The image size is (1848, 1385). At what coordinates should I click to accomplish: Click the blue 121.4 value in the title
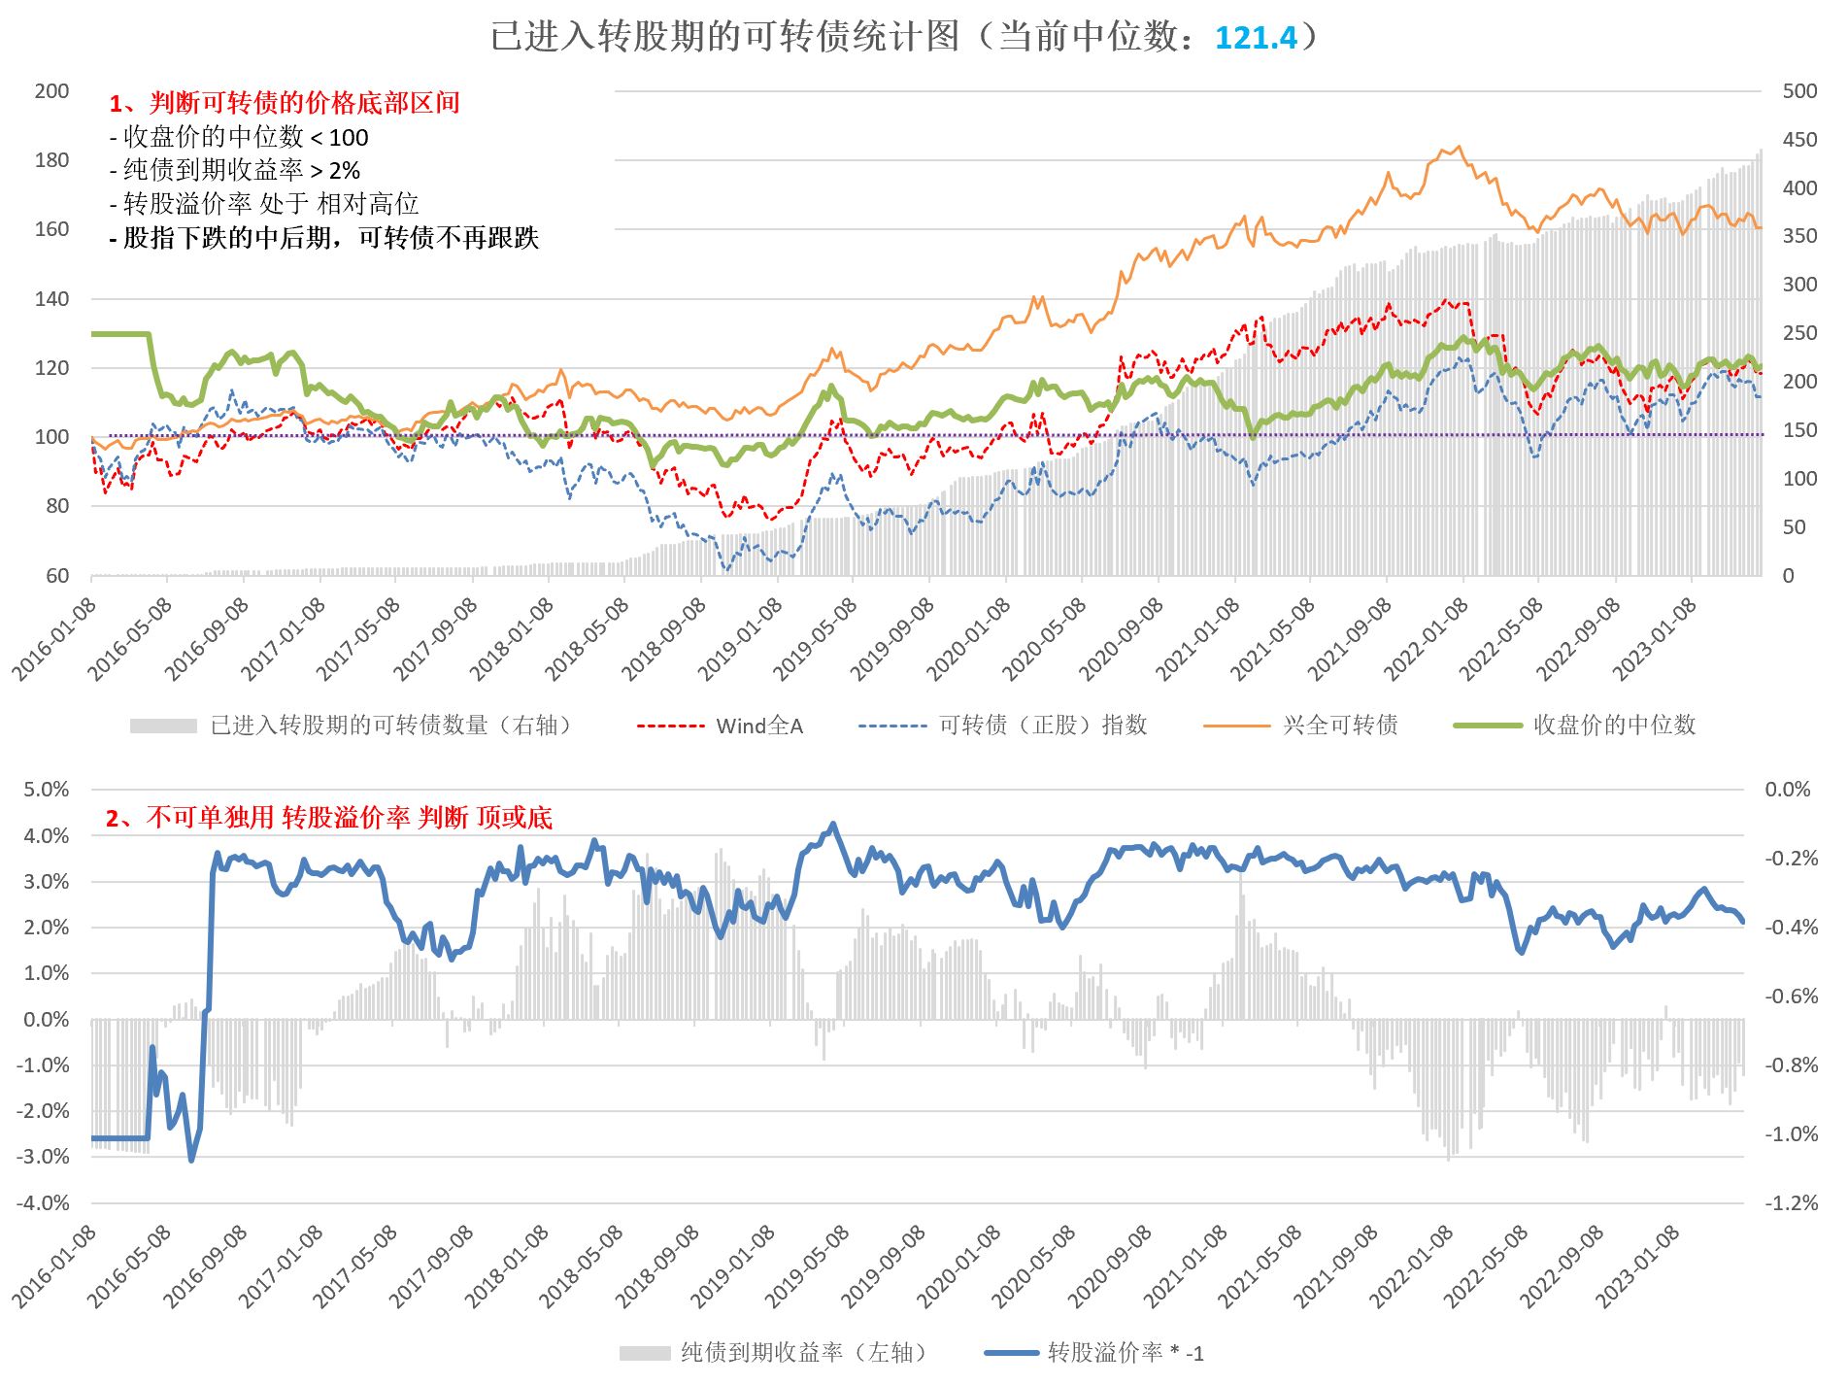click(1256, 38)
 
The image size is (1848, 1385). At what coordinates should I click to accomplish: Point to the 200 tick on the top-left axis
click(51, 91)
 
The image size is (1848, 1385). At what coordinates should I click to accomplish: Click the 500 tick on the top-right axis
click(1799, 91)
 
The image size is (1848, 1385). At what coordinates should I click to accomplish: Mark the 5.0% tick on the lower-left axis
click(47, 790)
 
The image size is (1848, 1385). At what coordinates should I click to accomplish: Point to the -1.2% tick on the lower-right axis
click(1791, 1203)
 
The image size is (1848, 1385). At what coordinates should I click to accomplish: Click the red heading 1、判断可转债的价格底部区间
click(285, 103)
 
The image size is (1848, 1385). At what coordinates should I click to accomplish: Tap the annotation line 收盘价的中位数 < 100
click(239, 137)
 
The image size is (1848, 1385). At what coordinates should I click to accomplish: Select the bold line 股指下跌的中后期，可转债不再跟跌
click(323, 238)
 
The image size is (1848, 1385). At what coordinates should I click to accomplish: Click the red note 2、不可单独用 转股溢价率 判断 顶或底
click(328, 818)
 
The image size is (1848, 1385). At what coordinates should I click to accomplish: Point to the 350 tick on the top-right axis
click(1799, 236)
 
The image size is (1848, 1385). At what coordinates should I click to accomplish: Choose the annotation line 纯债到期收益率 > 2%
click(235, 171)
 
